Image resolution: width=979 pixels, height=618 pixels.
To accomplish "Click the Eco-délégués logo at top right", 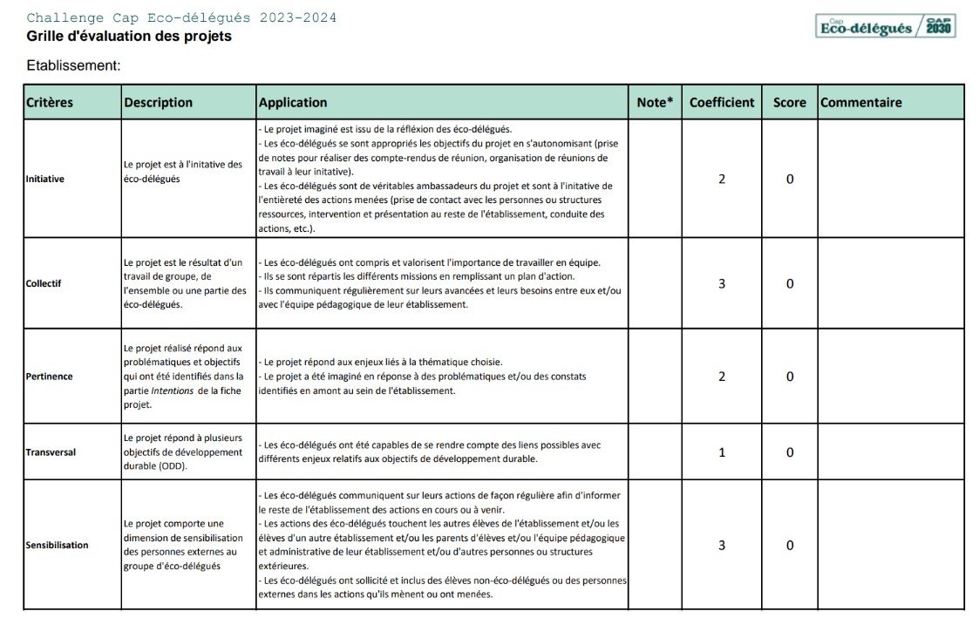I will [x=886, y=26].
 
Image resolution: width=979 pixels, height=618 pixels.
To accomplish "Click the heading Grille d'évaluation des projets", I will [x=129, y=37].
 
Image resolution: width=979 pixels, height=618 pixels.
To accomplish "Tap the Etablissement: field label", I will [x=73, y=65].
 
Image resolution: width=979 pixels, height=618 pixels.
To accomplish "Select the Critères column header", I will [x=50, y=102].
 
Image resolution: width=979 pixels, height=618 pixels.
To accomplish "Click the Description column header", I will [x=158, y=102].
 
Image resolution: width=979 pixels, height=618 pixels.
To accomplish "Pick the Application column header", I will [x=293, y=102].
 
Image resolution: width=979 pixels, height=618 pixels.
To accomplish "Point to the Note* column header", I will [x=655, y=102].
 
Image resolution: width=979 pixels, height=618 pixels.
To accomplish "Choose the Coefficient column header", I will [x=722, y=102].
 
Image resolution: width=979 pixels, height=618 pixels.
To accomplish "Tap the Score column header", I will [x=789, y=102].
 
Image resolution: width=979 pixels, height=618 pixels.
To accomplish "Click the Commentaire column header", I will [x=861, y=102].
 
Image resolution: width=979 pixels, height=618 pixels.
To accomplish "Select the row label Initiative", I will [x=45, y=179].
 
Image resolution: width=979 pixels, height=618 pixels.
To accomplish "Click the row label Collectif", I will [x=44, y=283].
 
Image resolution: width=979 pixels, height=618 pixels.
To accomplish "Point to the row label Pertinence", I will [x=49, y=377].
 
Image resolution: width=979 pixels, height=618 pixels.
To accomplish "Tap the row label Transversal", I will [x=51, y=452].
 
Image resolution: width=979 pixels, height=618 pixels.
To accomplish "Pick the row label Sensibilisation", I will [x=57, y=545].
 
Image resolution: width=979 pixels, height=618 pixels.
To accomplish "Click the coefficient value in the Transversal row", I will [x=722, y=452].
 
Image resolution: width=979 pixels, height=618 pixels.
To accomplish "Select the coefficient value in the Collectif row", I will [x=722, y=283].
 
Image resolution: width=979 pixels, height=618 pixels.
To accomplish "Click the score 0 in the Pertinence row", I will [x=790, y=377].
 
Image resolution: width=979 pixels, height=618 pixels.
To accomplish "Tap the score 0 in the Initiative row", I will [x=790, y=179].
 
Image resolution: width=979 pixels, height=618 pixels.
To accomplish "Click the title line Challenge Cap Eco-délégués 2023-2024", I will [x=181, y=18].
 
